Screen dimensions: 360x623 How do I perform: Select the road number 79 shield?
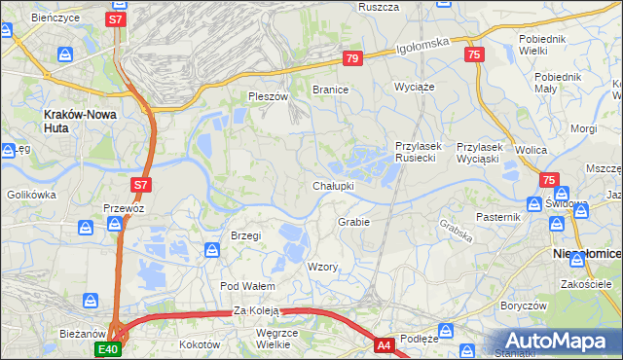click(x=352, y=59)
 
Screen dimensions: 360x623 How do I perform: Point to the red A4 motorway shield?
click(x=385, y=344)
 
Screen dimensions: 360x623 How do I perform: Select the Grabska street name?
click(x=455, y=230)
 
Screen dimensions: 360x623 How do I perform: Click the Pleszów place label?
click(x=268, y=97)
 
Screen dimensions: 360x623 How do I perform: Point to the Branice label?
click(x=330, y=89)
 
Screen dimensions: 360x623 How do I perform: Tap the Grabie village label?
click(x=353, y=222)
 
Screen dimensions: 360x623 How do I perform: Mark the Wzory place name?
click(x=322, y=267)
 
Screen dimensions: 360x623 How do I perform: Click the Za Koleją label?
click(x=256, y=311)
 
